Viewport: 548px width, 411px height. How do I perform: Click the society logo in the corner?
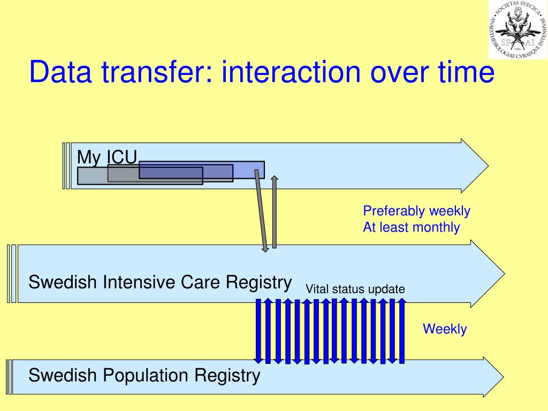coord(517,29)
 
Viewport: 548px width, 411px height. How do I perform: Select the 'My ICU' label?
coord(107,157)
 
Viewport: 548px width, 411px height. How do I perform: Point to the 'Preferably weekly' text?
coord(416,211)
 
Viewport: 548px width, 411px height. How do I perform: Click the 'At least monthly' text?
coord(411,227)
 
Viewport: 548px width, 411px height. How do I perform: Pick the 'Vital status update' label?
coord(355,290)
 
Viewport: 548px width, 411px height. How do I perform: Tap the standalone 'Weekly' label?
coord(445,329)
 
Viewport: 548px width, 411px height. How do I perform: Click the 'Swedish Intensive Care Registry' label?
coord(160,282)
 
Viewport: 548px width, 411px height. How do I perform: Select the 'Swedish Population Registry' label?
coord(144,375)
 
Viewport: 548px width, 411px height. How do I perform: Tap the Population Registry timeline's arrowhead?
coord(492,377)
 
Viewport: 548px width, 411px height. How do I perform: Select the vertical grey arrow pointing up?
coord(275,211)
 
